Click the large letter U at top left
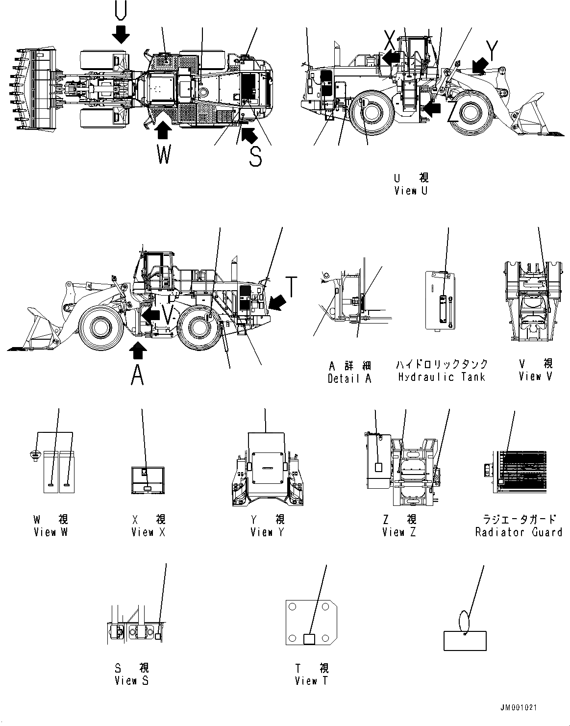(x=120, y=11)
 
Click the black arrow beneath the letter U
(x=120, y=34)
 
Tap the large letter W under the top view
(x=164, y=154)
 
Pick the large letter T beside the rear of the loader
(x=291, y=287)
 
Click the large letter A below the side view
(x=138, y=376)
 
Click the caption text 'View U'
(x=411, y=191)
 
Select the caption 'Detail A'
(x=349, y=378)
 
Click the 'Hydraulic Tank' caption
(x=442, y=377)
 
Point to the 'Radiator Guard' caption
(x=519, y=532)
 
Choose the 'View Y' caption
(x=267, y=532)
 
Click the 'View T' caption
(x=311, y=680)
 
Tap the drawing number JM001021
(x=519, y=708)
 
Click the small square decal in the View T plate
(x=310, y=639)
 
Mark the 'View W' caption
(x=50, y=532)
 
